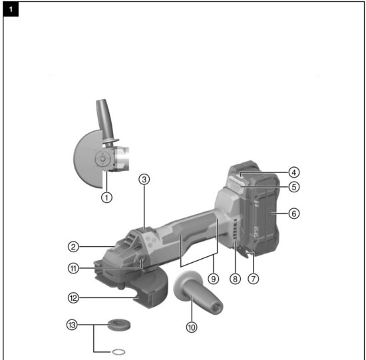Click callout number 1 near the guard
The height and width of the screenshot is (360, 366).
[x=105, y=198]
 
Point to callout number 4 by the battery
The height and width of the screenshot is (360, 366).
[x=294, y=172]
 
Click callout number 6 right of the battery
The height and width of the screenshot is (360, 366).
[x=294, y=214]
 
